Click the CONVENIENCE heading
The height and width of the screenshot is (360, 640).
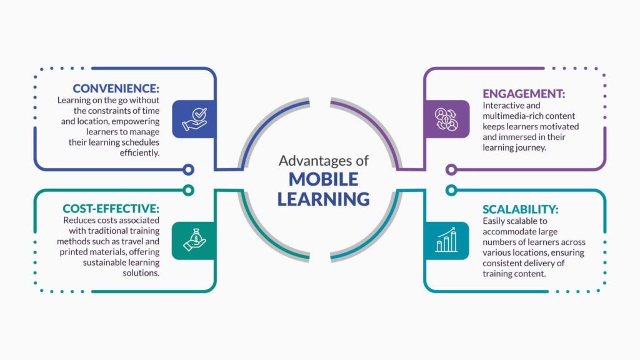[x=117, y=88]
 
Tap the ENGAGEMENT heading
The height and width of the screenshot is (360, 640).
[x=524, y=93]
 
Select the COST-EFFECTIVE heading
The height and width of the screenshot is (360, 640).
[x=111, y=208]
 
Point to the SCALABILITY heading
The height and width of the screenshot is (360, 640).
[x=521, y=209]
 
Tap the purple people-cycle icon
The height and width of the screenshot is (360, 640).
[x=447, y=119]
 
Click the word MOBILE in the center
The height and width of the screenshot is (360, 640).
[x=323, y=179]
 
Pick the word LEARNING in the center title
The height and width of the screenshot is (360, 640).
[x=323, y=199]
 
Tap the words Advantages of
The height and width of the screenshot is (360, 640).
[x=323, y=161]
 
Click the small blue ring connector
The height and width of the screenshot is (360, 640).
[x=188, y=169]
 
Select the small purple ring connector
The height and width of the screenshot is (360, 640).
[x=451, y=169]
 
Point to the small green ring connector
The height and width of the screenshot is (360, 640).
[x=188, y=189]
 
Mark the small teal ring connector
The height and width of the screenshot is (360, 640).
[x=451, y=189]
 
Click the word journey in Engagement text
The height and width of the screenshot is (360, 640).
[x=532, y=147]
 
